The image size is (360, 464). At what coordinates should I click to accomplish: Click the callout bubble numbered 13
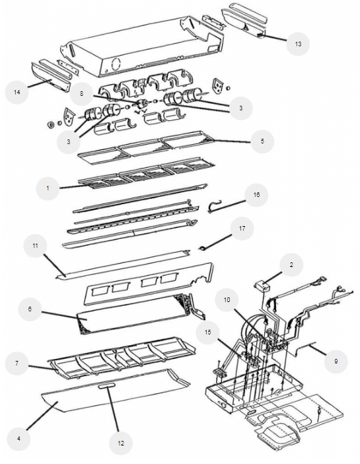pyautogui.click(x=298, y=44)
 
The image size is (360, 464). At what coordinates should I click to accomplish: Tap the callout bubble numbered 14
pyautogui.click(x=17, y=93)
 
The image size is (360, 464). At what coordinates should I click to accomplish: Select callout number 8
pyautogui.click(x=82, y=93)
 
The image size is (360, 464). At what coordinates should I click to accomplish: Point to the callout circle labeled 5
pyautogui.click(x=262, y=141)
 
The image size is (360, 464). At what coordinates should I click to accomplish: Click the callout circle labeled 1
pyautogui.click(x=48, y=188)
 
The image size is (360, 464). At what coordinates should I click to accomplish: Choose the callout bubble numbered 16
pyautogui.click(x=256, y=195)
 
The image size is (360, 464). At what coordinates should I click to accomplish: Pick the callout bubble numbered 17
pyautogui.click(x=242, y=229)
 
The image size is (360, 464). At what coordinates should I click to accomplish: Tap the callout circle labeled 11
pyautogui.click(x=35, y=246)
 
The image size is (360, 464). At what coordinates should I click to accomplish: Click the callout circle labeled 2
pyautogui.click(x=291, y=265)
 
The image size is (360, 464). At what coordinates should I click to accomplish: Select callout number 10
pyautogui.click(x=227, y=300)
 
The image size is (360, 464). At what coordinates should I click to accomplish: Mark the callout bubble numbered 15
pyautogui.click(x=208, y=332)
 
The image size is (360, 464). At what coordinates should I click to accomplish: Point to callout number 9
pyautogui.click(x=336, y=361)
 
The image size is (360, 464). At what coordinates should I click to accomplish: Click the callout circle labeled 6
pyautogui.click(x=30, y=309)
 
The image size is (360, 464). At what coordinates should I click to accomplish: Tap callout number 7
pyautogui.click(x=17, y=364)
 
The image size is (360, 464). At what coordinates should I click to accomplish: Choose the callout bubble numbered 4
pyautogui.click(x=18, y=438)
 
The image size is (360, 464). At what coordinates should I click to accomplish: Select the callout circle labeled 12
pyautogui.click(x=121, y=443)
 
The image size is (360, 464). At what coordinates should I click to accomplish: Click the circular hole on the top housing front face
pyautogui.click(x=116, y=63)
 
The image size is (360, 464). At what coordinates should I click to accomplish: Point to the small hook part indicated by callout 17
pyautogui.click(x=202, y=248)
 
